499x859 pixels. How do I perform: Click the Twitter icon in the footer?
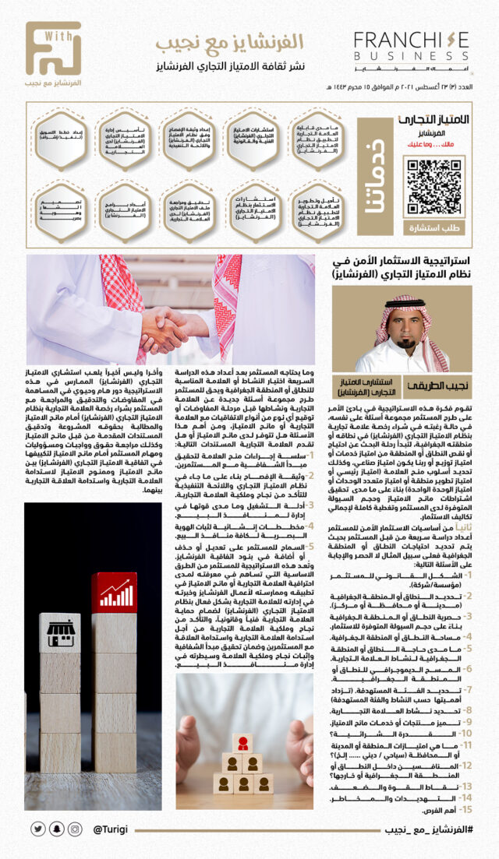click(x=37, y=829)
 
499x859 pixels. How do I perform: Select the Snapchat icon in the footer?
click(x=56, y=829)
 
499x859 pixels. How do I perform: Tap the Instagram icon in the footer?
click(x=76, y=829)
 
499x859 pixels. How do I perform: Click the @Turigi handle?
click(x=110, y=829)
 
